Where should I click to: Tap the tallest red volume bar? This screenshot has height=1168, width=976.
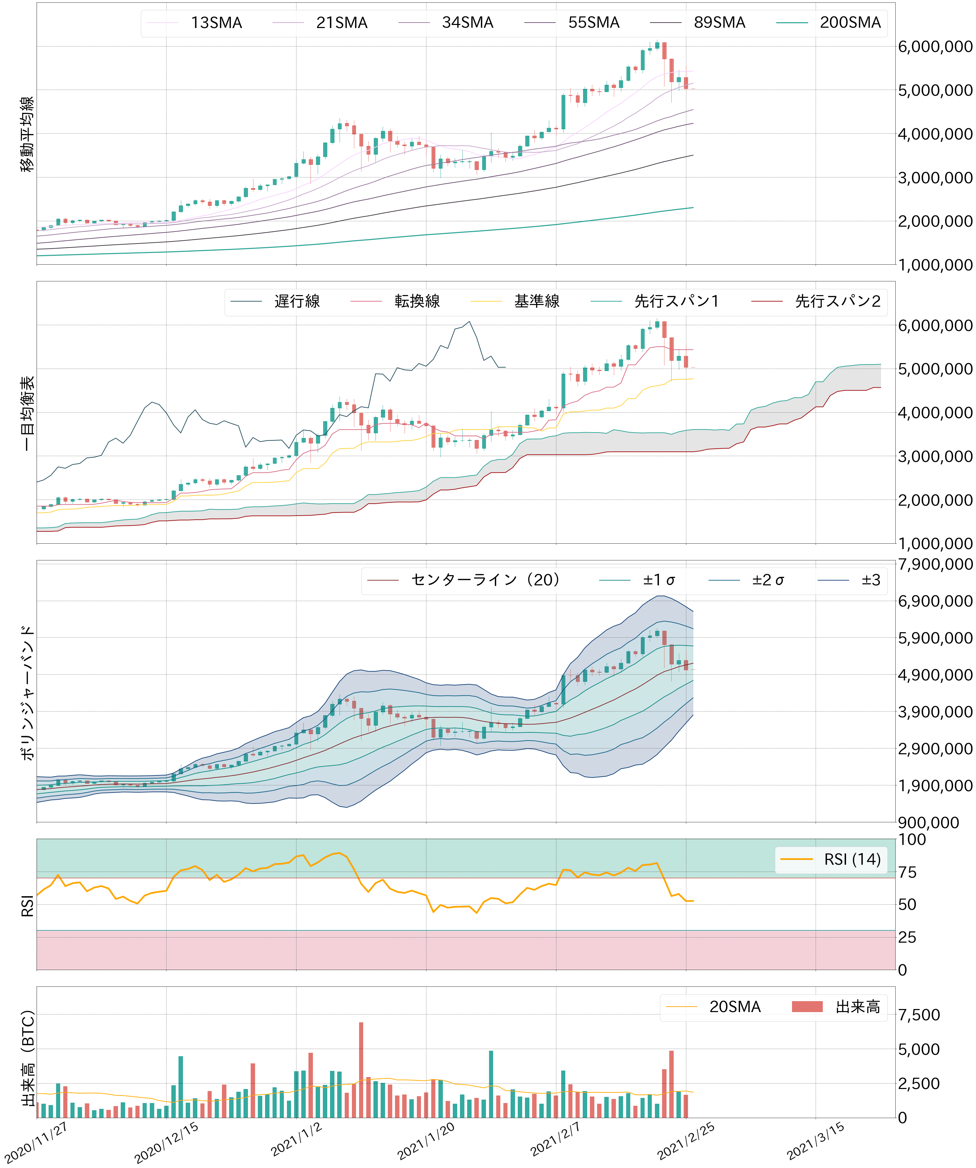tap(361, 1071)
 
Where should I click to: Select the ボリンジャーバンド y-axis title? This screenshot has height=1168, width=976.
tap(27, 692)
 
